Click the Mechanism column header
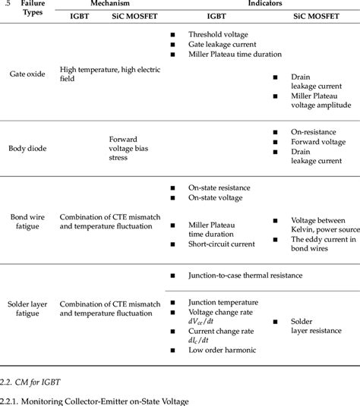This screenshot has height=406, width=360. pyautogui.click(x=110, y=3)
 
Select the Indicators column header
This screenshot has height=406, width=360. pyautogui.click(x=265, y=3)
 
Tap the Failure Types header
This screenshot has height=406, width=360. pyautogui.click(x=33, y=8)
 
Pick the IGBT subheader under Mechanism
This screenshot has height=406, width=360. pyautogui.click(x=79, y=16)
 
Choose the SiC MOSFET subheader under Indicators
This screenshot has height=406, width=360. pyautogui.click(x=316, y=16)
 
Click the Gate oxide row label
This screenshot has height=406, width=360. pyautogui.click(x=27, y=74)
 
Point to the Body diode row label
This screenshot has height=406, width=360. pyautogui.click(x=27, y=149)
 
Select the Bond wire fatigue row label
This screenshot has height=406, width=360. pyautogui.click(x=27, y=222)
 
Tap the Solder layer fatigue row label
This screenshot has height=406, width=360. pyautogui.click(x=27, y=309)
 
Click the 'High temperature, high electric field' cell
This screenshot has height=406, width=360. pyautogui.click(x=110, y=74)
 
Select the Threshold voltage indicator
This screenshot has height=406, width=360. pyautogui.click(x=218, y=34)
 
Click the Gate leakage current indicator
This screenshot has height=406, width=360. pyautogui.click(x=222, y=44)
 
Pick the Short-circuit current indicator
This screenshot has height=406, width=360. pyautogui.click(x=222, y=244)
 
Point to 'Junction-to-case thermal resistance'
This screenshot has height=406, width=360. pyautogui.click(x=245, y=275)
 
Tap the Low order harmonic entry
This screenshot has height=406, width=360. pyautogui.click(x=222, y=350)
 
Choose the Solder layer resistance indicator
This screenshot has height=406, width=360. pyautogui.click(x=316, y=326)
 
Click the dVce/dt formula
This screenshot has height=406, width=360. pyautogui.click(x=201, y=321)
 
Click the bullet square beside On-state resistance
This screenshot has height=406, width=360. pyautogui.click(x=172, y=188)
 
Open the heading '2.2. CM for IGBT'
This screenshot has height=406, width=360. pyautogui.click(x=30, y=382)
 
